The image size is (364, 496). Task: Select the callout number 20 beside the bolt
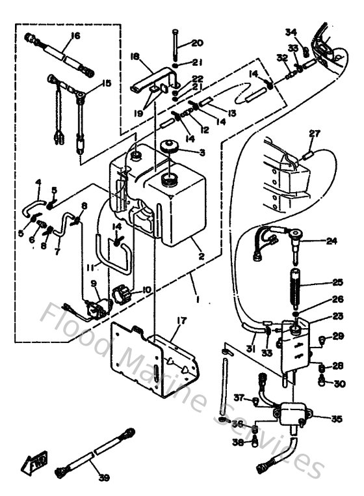click(x=197, y=43)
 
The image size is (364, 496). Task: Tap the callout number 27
click(x=315, y=134)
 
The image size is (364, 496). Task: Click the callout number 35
click(x=336, y=419)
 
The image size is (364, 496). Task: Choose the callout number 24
click(x=332, y=241)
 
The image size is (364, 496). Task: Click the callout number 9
click(x=94, y=283)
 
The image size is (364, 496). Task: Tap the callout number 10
click(x=146, y=290)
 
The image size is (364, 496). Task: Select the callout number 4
click(x=38, y=182)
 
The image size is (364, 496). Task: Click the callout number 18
click(x=135, y=57)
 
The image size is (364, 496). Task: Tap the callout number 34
click(x=291, y=32)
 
